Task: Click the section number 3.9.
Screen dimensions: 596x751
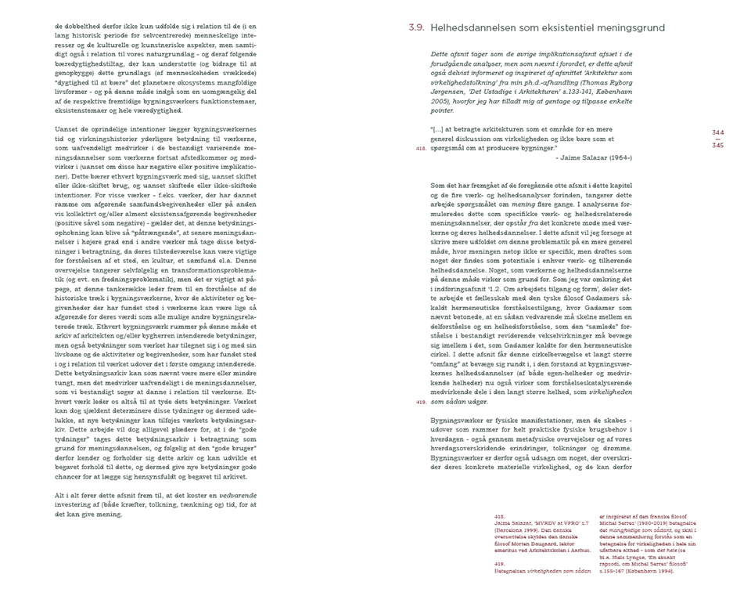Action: [x=416, y=27]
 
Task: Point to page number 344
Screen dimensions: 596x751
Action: [x=717, y=133]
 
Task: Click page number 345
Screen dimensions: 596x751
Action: [x=717, y=146]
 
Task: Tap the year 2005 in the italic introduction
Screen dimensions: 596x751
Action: [x=442, y=101]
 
